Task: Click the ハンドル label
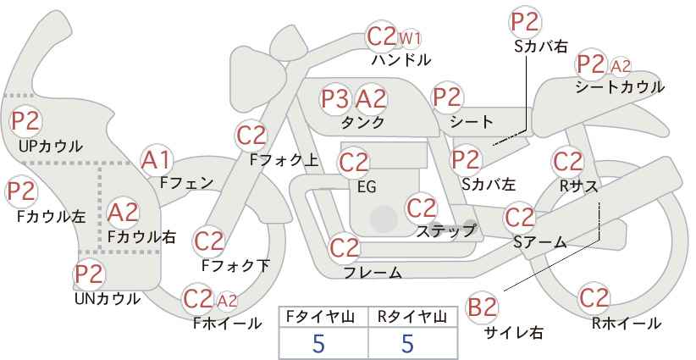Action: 401,60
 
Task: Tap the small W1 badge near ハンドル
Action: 411,38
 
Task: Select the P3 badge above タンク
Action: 335,99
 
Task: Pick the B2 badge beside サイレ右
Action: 483,307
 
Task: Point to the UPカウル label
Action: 51,147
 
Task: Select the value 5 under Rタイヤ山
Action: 408,343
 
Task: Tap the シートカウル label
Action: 619,87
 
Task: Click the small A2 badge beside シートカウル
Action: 621,65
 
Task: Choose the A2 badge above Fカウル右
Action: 124,211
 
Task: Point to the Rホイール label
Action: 626,323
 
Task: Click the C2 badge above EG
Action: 354,161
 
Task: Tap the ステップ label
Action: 445,230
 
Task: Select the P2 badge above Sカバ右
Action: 525,22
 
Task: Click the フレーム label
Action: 373,273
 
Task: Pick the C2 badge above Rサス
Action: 566,161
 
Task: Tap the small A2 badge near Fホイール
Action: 227,300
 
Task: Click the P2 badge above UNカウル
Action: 89,274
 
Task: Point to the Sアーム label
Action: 539,242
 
